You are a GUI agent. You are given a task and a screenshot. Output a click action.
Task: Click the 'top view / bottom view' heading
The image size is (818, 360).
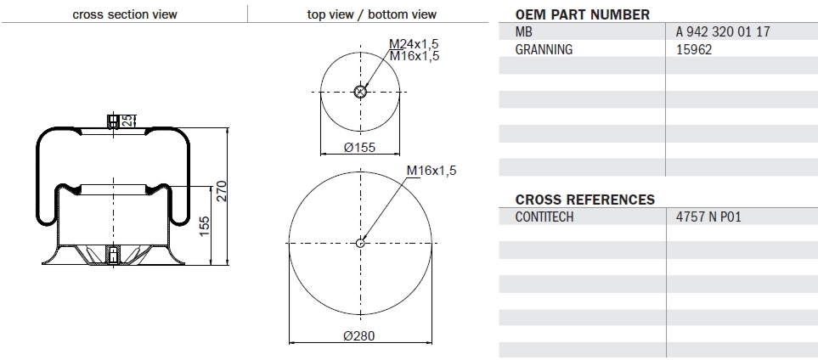371,14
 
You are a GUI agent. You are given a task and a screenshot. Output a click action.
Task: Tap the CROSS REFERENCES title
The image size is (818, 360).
585,200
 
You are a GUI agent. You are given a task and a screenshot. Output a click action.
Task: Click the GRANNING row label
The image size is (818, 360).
544,49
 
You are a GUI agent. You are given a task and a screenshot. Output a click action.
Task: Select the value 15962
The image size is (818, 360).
694,49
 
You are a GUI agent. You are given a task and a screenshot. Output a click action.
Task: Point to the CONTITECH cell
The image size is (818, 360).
544,217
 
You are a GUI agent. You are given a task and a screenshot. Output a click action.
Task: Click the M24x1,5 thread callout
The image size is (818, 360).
414,43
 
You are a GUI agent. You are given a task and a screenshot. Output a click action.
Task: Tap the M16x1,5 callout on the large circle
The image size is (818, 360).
432,171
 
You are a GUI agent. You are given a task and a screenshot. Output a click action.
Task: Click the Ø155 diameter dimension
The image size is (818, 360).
359,147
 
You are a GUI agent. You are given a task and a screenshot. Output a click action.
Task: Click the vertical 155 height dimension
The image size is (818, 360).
204,227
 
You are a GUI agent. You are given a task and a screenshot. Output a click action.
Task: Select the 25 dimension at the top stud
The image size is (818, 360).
127,121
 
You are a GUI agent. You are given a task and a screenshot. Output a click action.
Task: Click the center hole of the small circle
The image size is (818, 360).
360,93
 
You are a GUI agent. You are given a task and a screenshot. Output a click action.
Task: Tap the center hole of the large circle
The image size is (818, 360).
360,244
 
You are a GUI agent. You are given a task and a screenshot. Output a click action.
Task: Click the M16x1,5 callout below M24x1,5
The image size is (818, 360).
414,55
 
